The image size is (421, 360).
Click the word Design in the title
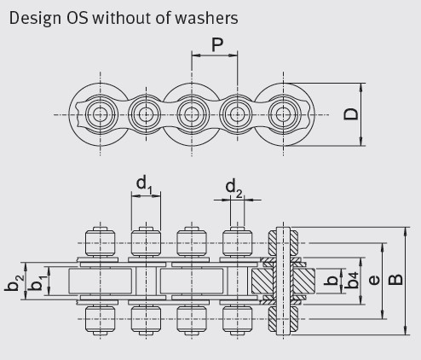(35, 18)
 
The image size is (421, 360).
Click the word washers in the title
(206, 18)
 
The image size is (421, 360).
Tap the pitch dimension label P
(217, 44)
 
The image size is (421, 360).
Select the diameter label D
(351, 114)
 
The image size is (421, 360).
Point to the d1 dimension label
(145, 184)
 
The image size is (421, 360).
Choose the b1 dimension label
(37, 282)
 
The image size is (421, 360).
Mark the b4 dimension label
(352, 281)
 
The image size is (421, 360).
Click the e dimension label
(374, 280)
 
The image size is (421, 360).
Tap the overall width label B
(395, 280)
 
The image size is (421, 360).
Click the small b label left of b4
(332, 281)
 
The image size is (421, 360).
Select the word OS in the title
(77, 18)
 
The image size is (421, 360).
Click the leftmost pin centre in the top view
(100, 114)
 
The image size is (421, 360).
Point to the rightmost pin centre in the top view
(283, 114)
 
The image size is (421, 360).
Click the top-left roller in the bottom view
(100, 242)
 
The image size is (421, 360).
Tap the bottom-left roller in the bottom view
(100, 319)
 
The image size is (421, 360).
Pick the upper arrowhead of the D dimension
(361, 87)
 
